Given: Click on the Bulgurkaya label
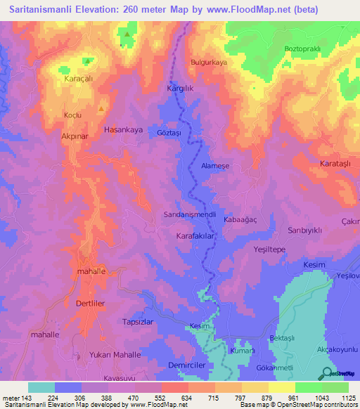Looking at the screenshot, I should tap(210, 63).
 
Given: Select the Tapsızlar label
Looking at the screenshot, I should tap(138, 321).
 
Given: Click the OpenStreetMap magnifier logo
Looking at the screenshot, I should tap(327, 374).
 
